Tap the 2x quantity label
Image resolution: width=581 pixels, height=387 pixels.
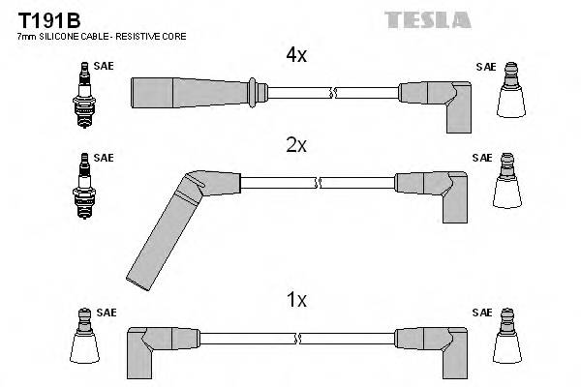pos(295,145)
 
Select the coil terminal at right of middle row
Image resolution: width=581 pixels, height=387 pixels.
pos(509,185)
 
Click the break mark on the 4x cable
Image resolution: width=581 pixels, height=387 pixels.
pos(333,93)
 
